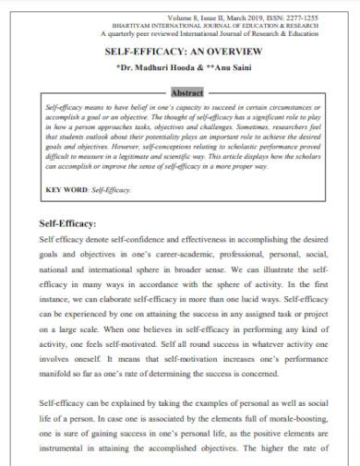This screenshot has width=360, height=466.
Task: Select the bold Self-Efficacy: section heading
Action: (74, 222)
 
